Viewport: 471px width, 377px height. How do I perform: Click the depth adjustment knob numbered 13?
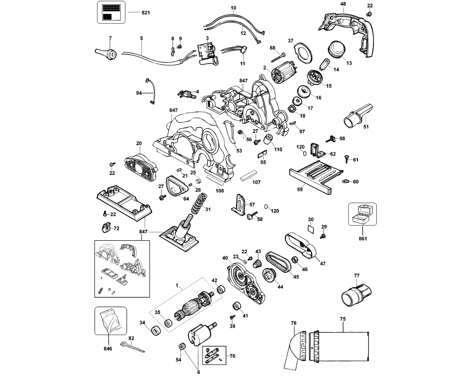(x=336, y=49)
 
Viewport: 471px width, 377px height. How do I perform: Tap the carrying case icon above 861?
(x=362, y=214)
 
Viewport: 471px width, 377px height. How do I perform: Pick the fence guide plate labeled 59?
(x=311, y=175)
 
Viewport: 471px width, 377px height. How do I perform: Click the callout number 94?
(x=139, y=93)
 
